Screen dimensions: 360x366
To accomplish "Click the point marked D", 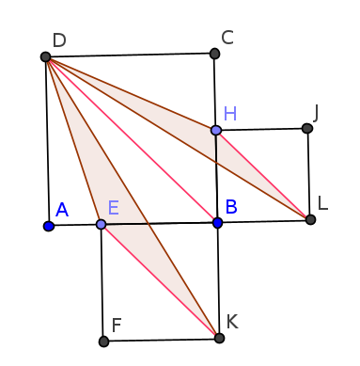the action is pyautogui.click(x=45, y=56).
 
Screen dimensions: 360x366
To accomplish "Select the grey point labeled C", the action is pyautogui.click(x=214, y=54).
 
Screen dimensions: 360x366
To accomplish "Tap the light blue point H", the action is pyautogui.click(x=215, y=130).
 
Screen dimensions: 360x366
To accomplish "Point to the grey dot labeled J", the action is pyautogui.click(x=306, y=128).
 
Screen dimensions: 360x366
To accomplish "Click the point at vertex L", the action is pyautogui.click(x=310, y=219).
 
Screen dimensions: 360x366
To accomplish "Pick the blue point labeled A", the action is pyautogui.click(x=48, y=226).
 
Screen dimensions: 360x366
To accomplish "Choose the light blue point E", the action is pyautogui.click(x=101, y=224).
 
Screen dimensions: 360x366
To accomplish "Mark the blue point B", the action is pyautogui.click(x=217, y=223).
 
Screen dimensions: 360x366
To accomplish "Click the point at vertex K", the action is pyautogui.click(x=219, y=338).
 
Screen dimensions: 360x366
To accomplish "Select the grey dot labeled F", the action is pyautogui.click(x=103, y=342).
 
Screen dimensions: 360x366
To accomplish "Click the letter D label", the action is pyautogui.click(x=59, y=40).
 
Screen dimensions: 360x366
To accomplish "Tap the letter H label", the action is pyautogui.click(x=229, y=114).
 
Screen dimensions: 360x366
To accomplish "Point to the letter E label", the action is pyautogui.click(x=113, y=208).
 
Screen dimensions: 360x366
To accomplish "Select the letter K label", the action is pyautogui.click(x=231, y=322).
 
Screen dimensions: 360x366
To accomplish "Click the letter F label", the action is pyautogui.click(x=117, y=326).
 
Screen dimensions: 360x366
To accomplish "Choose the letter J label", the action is pyautogui.click(x=316, y=113).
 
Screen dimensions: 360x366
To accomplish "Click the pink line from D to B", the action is pyautogui.click(x=132, y=140).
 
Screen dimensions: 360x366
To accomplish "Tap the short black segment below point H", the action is pyautogui.click(x=216, y=149).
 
